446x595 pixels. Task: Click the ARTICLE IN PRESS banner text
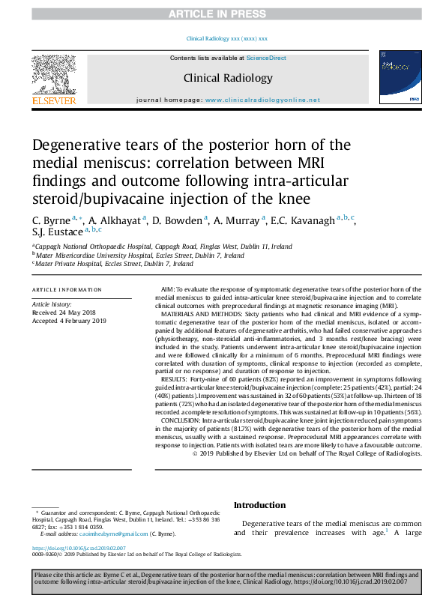click(223, 13)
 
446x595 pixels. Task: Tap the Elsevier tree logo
click(53, 74)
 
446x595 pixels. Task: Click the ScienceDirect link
click(266, 58)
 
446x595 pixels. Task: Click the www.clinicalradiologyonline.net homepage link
click(262, 100)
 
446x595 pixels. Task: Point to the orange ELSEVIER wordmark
click(53, 100)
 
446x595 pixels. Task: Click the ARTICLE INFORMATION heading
click(67, 289)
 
